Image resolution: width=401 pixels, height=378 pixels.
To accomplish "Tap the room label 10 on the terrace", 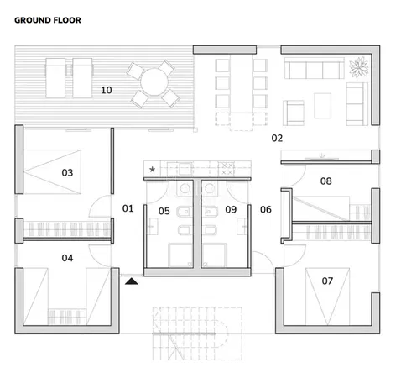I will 107,89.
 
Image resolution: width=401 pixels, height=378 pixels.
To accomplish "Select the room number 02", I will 277,138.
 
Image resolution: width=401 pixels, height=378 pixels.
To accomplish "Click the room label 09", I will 231,210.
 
